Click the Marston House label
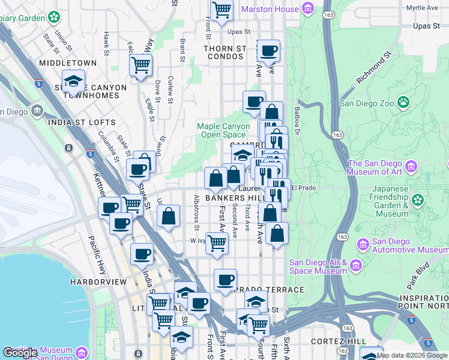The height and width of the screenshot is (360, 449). pyautogui.click(x=270, y=9)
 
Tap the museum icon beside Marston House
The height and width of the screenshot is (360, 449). pyautogui.click(x=308, y=8)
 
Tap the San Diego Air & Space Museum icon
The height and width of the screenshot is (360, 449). pyautogui.click(x=355, y=265)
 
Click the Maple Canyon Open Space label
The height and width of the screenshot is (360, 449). pyautogui.click(x=223, y=130)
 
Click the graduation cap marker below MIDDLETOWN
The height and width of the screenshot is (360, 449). pyautogui.click(x=73, y=81)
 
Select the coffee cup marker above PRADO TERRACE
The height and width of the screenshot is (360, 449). pyautogui.click(x=226, y=280)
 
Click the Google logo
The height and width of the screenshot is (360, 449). pyautogui.click(x=20, y=353)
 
